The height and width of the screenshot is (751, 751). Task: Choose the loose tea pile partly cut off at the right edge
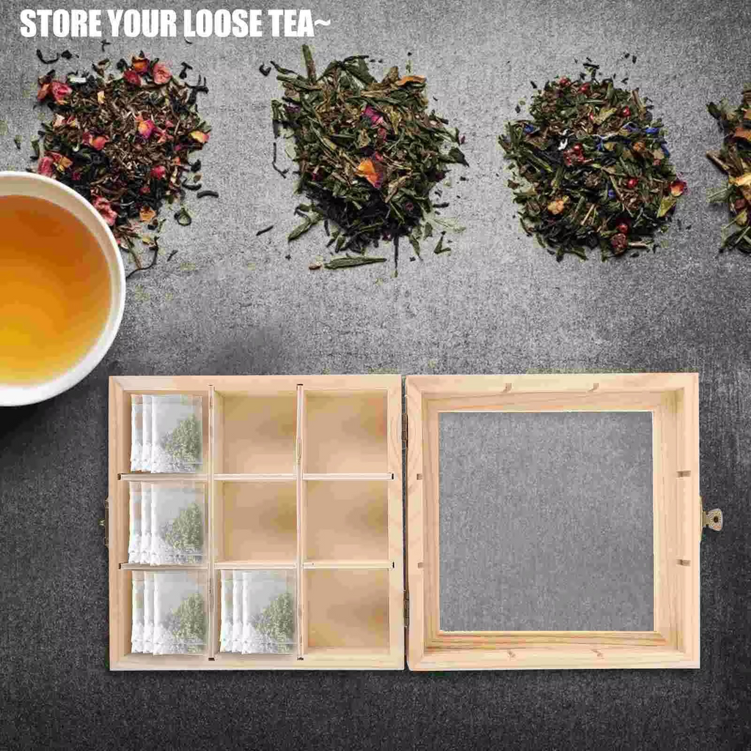point(732,172)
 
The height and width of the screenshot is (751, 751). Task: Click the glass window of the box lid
point(546,521)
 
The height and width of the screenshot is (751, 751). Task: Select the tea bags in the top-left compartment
point(166,433)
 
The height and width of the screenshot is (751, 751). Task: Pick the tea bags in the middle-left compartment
point(166,522)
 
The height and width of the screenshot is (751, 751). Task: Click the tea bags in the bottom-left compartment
point(169,612)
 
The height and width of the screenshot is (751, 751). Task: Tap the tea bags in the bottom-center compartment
point(257,612)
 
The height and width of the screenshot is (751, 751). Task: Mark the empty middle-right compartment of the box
point(347,521)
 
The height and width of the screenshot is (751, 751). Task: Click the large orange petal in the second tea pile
point(370,172)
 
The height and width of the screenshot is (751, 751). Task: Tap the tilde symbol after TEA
point(323,21)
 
